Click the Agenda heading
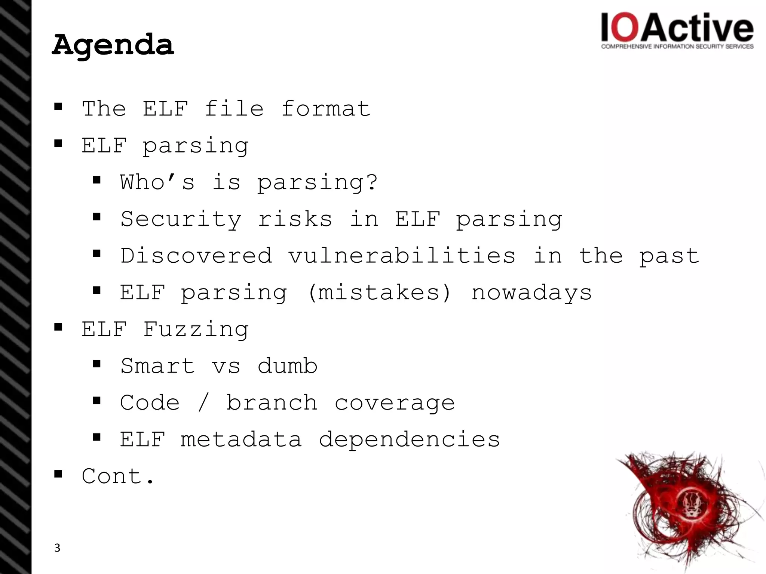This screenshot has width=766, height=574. (113, 45)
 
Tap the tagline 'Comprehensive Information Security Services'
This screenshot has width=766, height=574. (677, 47)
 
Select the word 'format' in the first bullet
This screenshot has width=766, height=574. (325, 109)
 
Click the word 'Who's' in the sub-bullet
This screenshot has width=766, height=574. (157, 182)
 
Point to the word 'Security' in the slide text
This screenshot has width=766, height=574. (181, 219)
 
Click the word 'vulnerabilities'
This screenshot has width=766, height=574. (402, 256)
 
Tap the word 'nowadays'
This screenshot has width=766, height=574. (531, 292)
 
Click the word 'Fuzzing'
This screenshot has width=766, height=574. (196, 329)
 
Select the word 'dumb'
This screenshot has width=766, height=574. (287, 366)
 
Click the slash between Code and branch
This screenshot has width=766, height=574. (203, 403)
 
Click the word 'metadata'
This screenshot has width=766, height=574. (241, 439)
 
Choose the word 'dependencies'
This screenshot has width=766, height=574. (409, 439)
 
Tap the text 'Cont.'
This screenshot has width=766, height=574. (118, 476)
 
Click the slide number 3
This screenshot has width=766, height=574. (57, 548)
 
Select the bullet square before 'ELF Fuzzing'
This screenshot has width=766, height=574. (58, 327)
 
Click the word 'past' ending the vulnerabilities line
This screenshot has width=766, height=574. (669, 256)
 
